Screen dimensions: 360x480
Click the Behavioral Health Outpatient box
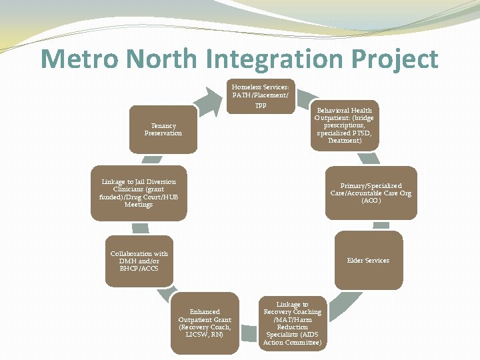coord(345,125)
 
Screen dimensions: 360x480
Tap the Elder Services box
coord(368,260)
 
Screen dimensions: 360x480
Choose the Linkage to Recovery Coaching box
coord(292,323)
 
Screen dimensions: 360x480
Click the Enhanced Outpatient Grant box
coord(205,323)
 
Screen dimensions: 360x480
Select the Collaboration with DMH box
coord(139,261)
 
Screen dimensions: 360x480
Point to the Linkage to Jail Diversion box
coord(139,193)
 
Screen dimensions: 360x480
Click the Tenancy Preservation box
coord(163,129)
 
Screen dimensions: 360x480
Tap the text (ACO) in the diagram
coord(371,201)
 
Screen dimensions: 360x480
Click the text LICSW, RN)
coord(205,334)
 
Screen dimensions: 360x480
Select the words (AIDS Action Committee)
coord(293,339)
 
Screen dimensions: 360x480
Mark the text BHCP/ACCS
coord(139,268)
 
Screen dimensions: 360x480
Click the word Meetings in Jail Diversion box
coord(139,205)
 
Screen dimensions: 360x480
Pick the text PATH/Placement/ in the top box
coord(260,95)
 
